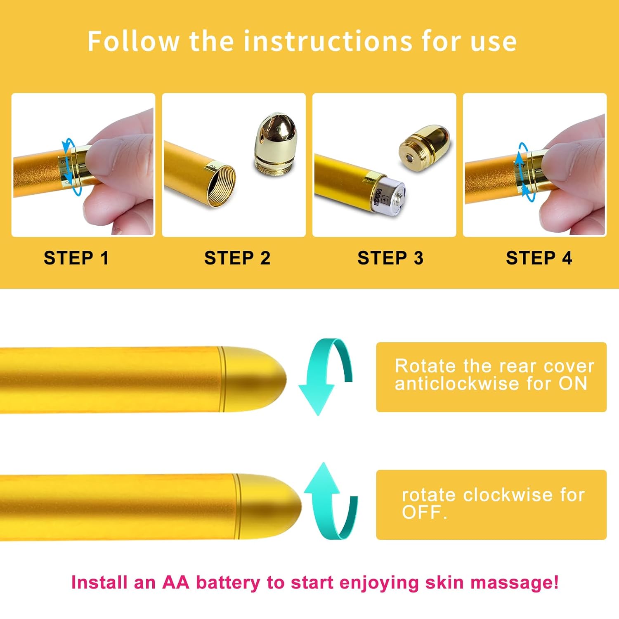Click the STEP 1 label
[76, 258]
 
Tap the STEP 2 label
[237, 258]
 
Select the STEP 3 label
[390, 258]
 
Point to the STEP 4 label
[539, 258]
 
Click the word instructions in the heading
[328, 41]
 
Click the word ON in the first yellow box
[573, 384]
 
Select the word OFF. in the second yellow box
[424, 513]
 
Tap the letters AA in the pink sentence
[175, 583]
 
